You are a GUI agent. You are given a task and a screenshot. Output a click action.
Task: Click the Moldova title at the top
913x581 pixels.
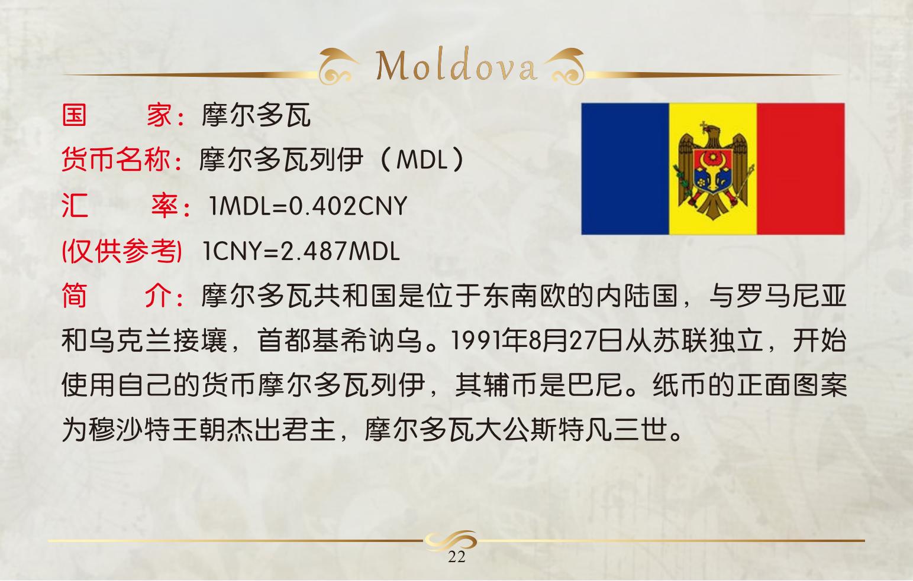(456, 65)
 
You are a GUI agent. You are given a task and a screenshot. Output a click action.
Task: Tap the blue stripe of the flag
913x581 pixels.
(625, 169)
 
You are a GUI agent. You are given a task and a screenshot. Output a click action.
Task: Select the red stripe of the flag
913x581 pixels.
(801, 169)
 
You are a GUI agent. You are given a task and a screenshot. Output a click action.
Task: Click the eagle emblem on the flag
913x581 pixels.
(713, 170)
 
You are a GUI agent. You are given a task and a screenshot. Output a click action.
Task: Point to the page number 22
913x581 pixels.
(457, 557)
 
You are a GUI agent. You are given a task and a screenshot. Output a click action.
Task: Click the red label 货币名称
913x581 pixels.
(116, 159)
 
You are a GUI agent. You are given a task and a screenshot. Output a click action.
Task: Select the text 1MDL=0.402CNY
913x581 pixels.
(308, 206)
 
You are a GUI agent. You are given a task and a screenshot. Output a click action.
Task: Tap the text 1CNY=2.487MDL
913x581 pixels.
(301, 251)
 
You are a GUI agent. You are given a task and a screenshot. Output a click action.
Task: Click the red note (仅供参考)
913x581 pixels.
(122, 251)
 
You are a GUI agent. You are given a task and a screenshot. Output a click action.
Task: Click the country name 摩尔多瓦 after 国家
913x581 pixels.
(256, 115)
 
